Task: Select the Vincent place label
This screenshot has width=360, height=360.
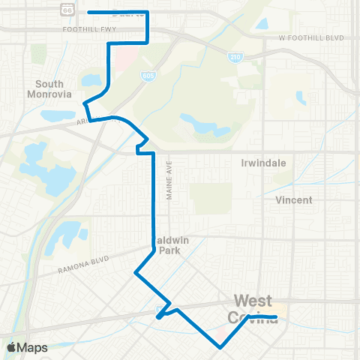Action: [294, 200]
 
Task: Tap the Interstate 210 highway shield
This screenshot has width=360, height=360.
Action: [235, 57]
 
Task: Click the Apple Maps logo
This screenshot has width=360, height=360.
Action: [27, 347]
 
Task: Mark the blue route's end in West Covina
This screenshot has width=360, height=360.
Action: [277, 317]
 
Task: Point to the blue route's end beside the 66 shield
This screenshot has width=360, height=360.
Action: [89, 12]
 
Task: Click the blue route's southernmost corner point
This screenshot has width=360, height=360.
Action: [220, 347]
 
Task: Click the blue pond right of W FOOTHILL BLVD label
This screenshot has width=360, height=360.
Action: [262, 23]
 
